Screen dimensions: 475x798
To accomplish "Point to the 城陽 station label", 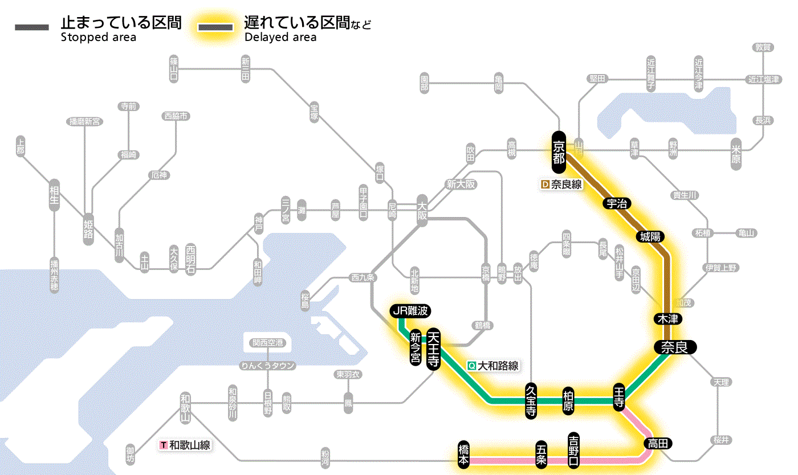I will point(650,236).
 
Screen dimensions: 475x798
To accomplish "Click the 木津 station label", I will point(669,318).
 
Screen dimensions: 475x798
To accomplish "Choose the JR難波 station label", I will point(410,311).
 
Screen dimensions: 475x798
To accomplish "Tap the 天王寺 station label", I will point(433,349).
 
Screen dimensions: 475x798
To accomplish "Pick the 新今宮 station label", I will point(416,348).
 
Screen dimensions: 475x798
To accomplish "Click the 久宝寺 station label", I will point(531,401).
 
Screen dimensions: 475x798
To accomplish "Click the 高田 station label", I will point(658,444).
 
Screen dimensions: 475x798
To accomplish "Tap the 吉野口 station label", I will point(573,449).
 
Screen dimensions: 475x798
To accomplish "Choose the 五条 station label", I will point(541,454).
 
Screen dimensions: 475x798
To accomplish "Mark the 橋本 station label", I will point(464,454).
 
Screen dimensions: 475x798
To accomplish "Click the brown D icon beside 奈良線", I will point(544,185).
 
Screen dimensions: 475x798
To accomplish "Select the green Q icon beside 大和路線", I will point(471,366).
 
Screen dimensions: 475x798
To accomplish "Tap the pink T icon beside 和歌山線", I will point(164,445).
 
